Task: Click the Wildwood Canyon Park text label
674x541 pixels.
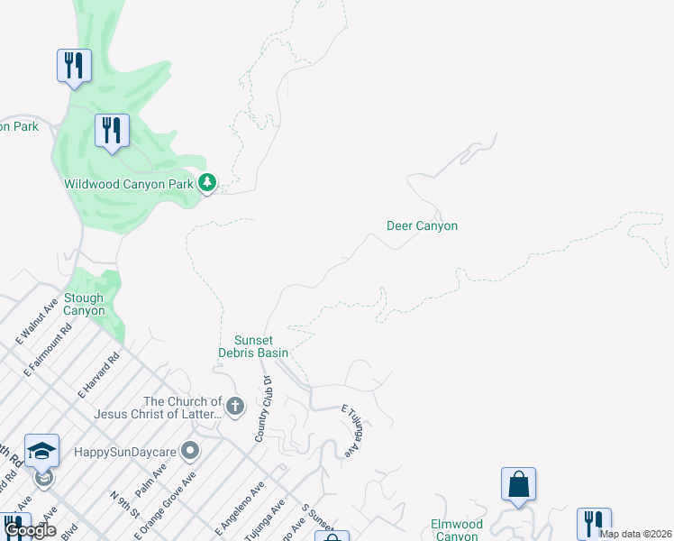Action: click(x=129, y=184)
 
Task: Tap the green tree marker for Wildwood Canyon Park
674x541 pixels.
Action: click(x=208, y=183)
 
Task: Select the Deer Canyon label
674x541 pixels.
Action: click(x=422, y=225)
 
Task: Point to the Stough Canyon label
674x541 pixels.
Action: click(x=84, y=305)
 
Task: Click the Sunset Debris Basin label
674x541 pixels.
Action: click(x=253, y=346)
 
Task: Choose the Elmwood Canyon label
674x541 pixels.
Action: click(x=457, y=529)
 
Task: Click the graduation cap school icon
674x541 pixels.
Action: click(x=41, y=450)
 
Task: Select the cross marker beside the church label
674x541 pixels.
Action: click(x=235, y=407)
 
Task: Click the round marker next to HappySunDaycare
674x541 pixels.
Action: click(x=190, y=449)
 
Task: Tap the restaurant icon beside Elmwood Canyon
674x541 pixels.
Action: click(x=594, y=523)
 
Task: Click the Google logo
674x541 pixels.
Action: click(x=30, y=531)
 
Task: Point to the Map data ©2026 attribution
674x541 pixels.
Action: click(x=635, y=534)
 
